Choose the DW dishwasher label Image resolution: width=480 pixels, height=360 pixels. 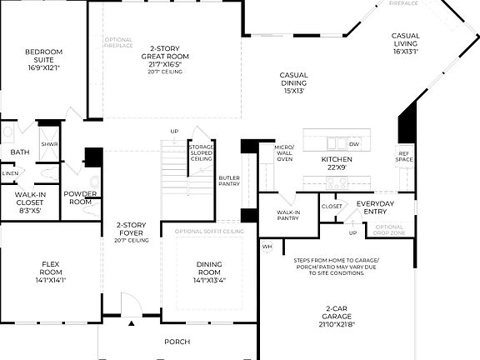coord(354,144)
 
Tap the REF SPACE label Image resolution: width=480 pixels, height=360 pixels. coord(404,156)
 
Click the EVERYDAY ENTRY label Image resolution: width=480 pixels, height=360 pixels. coord(374,207)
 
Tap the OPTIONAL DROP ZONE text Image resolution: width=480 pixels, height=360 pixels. coord(389,229)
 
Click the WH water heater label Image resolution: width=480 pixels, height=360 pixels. coord(267,247)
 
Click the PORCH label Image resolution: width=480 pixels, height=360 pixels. coord(177,342)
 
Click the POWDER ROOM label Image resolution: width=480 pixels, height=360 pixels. coord(81,198)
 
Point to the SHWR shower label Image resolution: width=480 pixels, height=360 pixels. coord(49,145)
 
